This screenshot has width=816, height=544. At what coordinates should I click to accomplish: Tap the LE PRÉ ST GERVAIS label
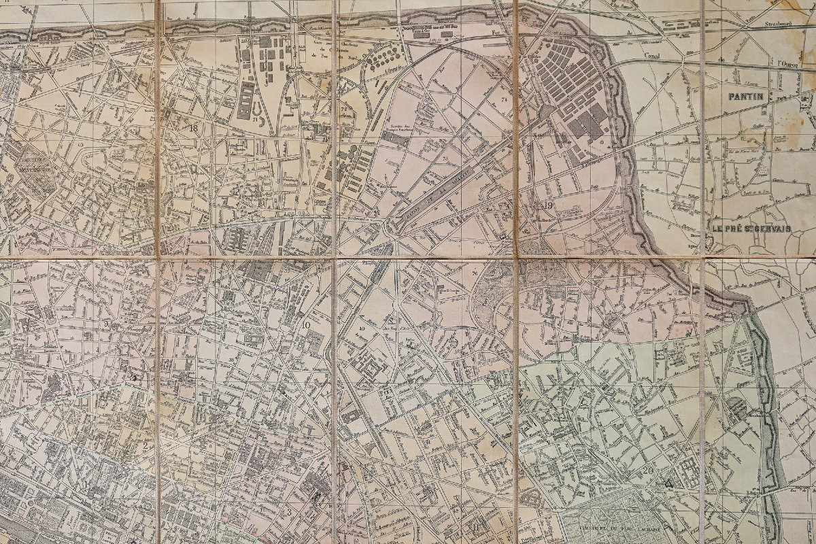point(751,229)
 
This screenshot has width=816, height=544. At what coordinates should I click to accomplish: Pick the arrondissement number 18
point(194,128)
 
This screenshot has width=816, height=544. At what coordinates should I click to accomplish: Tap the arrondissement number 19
point(547,205)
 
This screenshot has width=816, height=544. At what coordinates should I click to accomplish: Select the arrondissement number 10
point(306,326)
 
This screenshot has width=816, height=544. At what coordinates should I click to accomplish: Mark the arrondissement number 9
point(107,324)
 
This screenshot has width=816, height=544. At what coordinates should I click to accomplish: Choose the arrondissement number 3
point(288,512)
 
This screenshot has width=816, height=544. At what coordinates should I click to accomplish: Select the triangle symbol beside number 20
point(669,483)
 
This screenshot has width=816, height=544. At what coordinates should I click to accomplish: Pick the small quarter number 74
point(504,99)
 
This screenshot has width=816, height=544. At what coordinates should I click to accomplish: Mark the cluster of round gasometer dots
point(383,58)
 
